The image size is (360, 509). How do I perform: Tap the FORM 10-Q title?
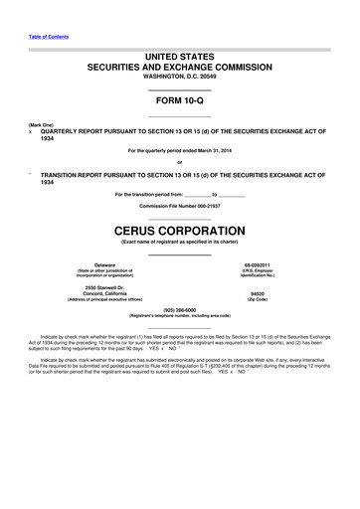pyautogui.click(x=180, y=102)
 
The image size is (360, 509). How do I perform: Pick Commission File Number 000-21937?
pyautogui.click(x=180, y=206)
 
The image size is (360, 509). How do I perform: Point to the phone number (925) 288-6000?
pyautogui.click(x=180, y=309)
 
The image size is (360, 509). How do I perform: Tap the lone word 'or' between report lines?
pyautogui.click(x=180, y=162)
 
